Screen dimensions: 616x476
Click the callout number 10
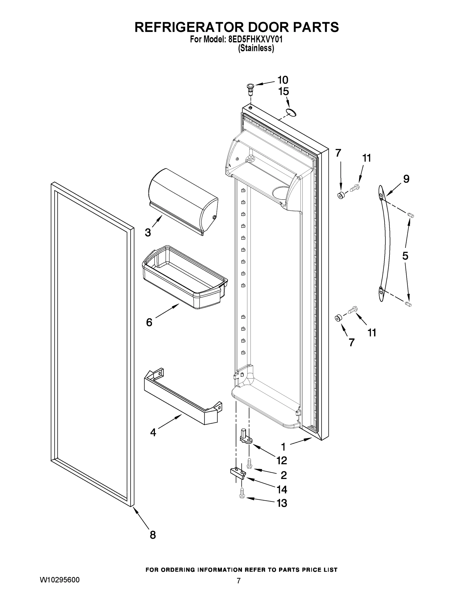tap(283, 80)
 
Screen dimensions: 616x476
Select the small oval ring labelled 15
tap(291, 112)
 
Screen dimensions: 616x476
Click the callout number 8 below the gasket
tap(153, 535)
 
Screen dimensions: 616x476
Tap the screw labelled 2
tap(249, 463)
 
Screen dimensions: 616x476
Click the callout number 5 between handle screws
tap(405, 256)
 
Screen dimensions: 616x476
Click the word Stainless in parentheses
tap(256, 49)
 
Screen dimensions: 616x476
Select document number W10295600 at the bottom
tap(60, 580)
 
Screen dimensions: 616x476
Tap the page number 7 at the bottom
tap(239, 581)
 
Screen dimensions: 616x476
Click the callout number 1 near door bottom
tap(283, 447)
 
